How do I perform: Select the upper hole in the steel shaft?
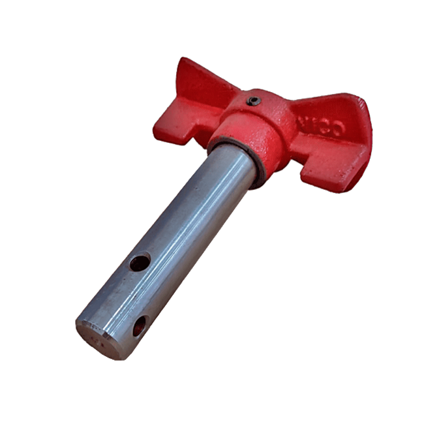point(139,263)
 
